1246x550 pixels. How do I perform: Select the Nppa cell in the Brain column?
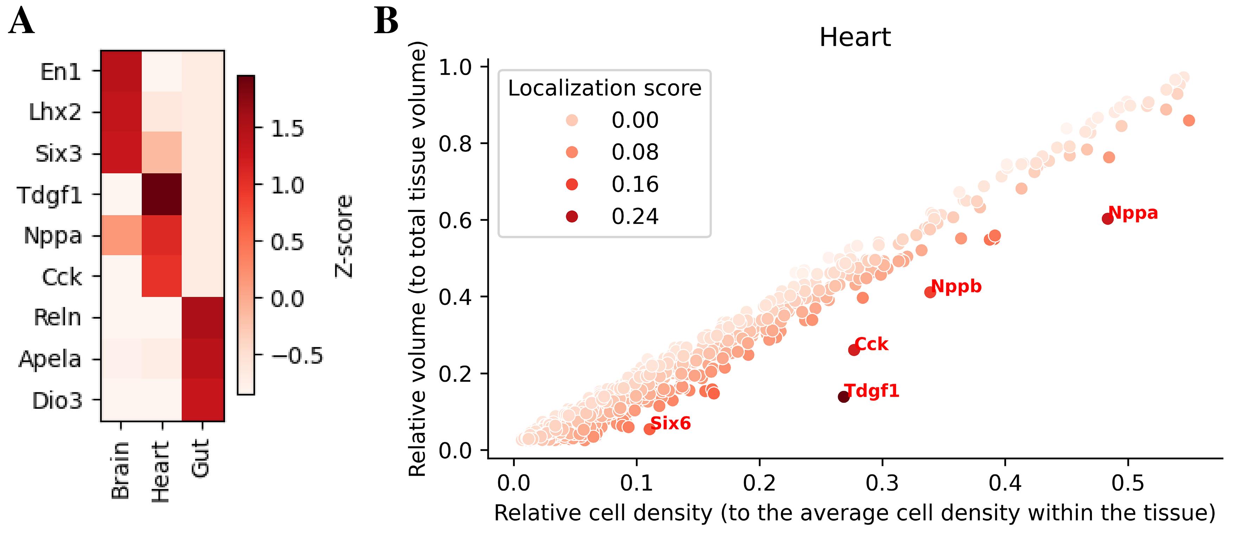[x=121, y=235]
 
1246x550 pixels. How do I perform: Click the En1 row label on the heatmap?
[x=60, y=72]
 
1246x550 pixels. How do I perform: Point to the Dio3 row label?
[x=57, y=401]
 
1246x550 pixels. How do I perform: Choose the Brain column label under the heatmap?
[x=120, y=470]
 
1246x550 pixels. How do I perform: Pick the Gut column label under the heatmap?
[x=200, y=457]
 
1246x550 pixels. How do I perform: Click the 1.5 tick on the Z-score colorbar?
[x=287, y=129]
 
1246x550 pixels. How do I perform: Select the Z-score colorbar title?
[x=344, y=236]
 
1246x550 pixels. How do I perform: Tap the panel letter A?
[x=21, y=22]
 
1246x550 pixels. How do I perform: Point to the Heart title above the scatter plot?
[x=855, y=37]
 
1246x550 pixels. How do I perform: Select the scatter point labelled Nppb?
[x=929, y=292]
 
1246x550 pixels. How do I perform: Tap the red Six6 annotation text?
[x=670, y=424]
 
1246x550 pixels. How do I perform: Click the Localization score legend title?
[x=605, y=88]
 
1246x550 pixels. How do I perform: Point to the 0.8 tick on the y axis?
[x=455, y=144]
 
